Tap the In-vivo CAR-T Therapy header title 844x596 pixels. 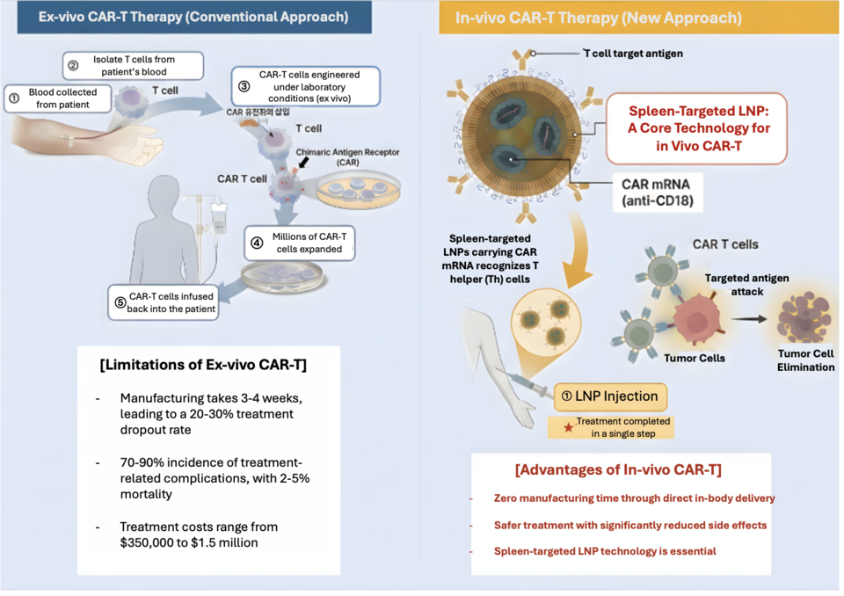pyautogui.click(x=598, y=18)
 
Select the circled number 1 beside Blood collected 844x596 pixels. pyautogui.click(x=14, y=98)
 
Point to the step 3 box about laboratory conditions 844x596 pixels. pyautogui.click(x=307, y=87)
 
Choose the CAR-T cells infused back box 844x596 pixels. pyautogui.click(x=164, y=302)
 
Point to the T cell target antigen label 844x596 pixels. pyautogui.click(x=634, y=54)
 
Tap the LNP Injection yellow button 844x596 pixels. pyautogui.click(x=611, y=396)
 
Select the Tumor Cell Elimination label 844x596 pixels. pyautogui.click(x=805, y=360)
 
